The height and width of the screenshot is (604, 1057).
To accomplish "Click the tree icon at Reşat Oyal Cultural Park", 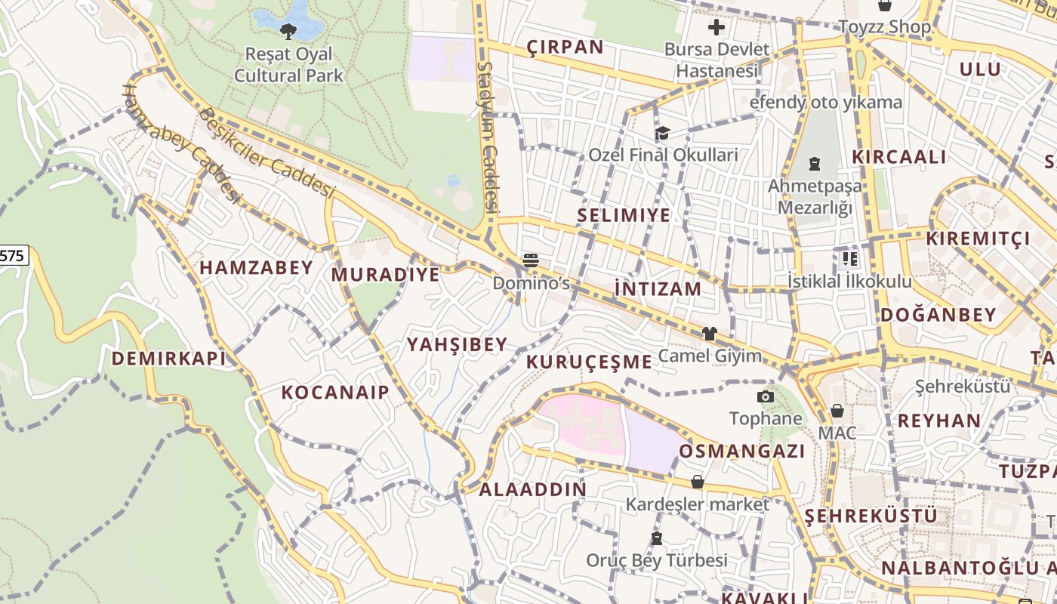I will click(x=288, y=31).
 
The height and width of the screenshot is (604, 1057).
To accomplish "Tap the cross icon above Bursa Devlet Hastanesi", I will click(x=716, y=28).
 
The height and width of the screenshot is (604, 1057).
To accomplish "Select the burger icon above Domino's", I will click(x=531, y=261).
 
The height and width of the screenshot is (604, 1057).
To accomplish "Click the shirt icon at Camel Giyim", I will click(x=709, y=333).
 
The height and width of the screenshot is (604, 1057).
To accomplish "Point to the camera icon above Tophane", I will click(x=766, y=396).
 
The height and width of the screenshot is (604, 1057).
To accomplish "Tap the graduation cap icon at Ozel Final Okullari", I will click(x=662, y=133).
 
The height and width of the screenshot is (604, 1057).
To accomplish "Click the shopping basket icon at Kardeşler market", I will click(x=697, y=482).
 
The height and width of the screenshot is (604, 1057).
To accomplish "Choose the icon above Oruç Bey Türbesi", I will click(x=656, y=538).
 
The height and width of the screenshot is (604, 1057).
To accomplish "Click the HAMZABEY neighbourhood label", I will click(x=256, y=267).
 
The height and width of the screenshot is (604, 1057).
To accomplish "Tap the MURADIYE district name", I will click(x=385, y=274).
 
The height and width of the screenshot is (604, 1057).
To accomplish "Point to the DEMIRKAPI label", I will click(x=169, y=359).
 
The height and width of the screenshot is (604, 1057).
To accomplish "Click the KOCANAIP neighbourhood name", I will click(x=335, y=392).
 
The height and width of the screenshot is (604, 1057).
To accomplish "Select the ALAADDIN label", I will click(x=532, y=489).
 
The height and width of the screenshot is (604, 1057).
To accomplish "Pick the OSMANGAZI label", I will click(x=742, y=451).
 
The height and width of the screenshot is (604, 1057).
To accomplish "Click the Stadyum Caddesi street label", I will click(x=488, y=136).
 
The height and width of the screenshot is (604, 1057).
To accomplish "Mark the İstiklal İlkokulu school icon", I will click(x=849, y=259).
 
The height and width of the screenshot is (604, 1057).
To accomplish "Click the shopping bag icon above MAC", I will click(x=837, y=411).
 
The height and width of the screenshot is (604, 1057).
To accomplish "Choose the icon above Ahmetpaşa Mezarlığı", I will click(x=815, y=163).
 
